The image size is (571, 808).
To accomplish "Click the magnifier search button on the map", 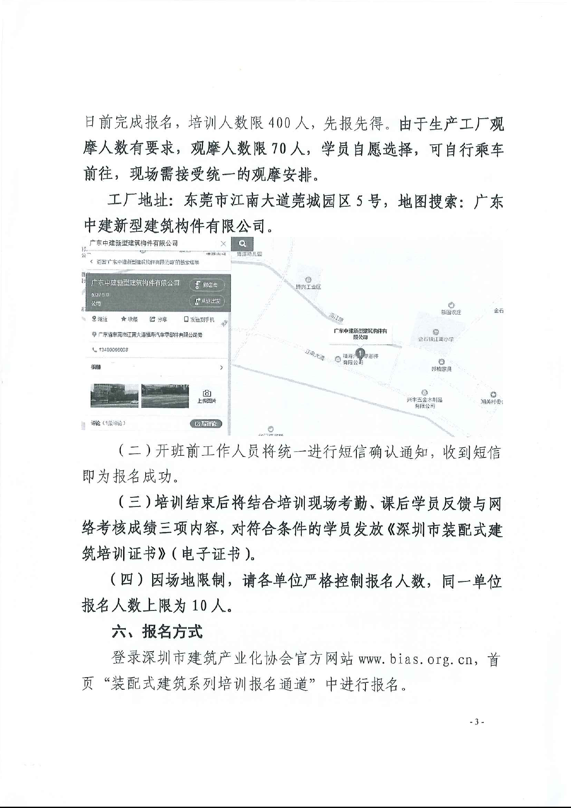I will click(242, 243).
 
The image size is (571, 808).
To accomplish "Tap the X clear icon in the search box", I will click(223, 243).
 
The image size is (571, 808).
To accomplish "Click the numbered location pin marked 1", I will click(360, 354).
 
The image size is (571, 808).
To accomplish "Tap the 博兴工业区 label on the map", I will click(308, 286).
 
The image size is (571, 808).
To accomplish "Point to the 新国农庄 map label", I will click(451, 312).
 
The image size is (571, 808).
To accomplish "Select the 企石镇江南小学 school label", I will click(436, 339).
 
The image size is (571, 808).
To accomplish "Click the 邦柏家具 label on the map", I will click(441, 369).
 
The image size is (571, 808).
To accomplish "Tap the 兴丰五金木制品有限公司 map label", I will click(424, 403).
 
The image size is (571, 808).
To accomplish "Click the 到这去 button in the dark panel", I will click(207, 285).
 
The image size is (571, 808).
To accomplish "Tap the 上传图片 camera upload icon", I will click(207, 396).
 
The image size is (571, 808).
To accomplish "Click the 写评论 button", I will click(206, 423).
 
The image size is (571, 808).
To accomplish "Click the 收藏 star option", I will click(129, 319).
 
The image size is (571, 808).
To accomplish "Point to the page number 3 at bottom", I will click(476, 722).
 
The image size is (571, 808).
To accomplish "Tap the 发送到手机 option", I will click(199, 319).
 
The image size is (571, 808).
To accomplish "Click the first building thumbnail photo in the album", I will click(114, 396).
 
